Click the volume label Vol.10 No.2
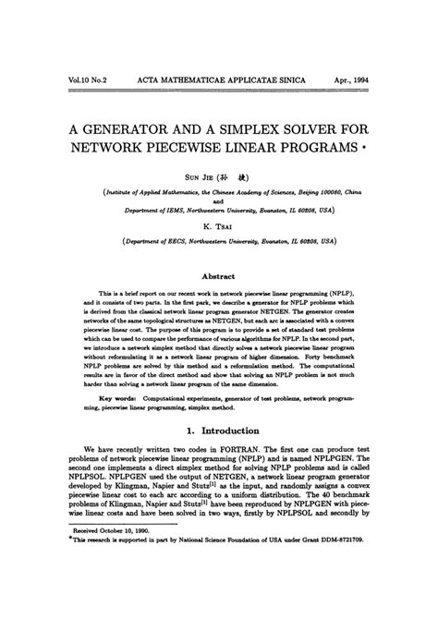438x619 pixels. (x=82, y=80)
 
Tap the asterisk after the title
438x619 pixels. (x=367, y=147)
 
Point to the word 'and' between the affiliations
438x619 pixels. (x=219, y=200)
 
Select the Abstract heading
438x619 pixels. (x=219, y=275)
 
